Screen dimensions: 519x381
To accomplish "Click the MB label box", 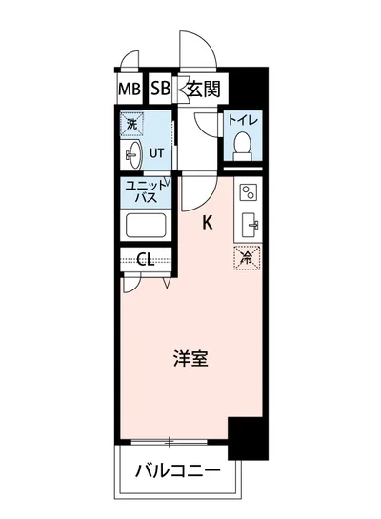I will click(x=130, y=90).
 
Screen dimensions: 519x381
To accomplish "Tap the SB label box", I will click(x=159, y=90).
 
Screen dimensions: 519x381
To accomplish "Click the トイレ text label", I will click(x=244, y=122).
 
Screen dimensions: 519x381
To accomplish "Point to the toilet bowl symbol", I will click(x=243, y=146).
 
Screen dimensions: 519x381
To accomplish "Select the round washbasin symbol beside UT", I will click(x=132, y=153).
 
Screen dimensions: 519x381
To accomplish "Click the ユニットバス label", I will click(x=147, y=192).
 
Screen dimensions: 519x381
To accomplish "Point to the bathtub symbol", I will click(x=147, y=227).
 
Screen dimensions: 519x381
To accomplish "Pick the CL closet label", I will click(x=146, y=258).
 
